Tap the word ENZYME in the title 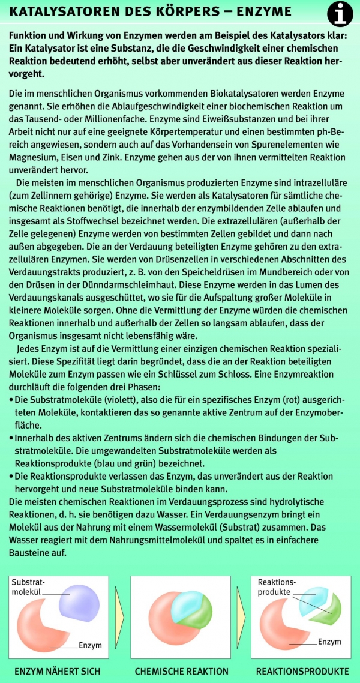(x=260, y=11)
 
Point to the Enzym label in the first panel (x=90, y=645)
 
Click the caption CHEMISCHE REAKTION (x=182, y=671)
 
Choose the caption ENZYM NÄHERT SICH (x=58, y=671)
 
